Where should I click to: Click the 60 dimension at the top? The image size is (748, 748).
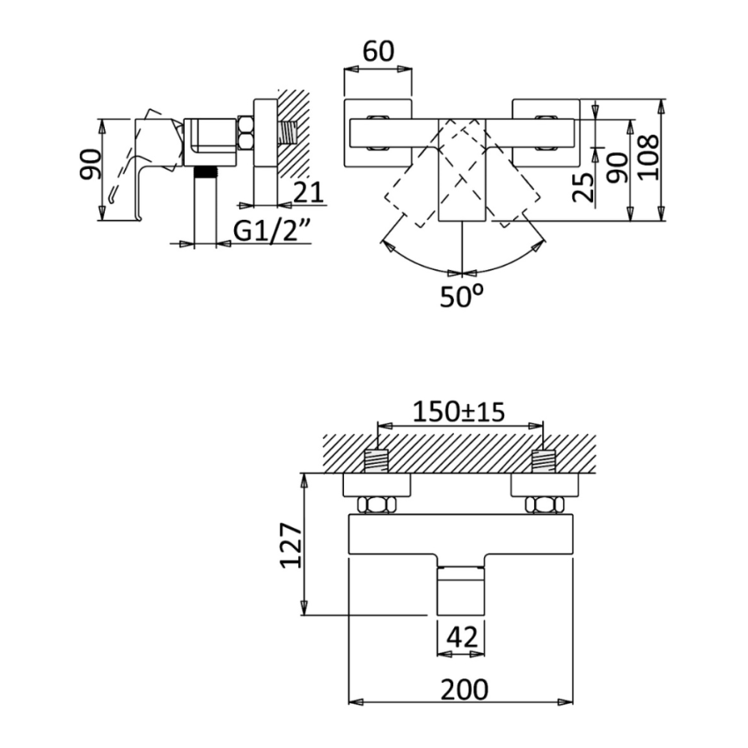378,52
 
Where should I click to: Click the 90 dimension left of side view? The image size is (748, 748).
90,163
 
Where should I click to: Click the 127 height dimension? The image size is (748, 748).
292,546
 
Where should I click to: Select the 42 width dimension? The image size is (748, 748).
461,636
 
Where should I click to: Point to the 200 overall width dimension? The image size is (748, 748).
462,689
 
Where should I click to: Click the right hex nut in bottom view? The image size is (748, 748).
544,504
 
